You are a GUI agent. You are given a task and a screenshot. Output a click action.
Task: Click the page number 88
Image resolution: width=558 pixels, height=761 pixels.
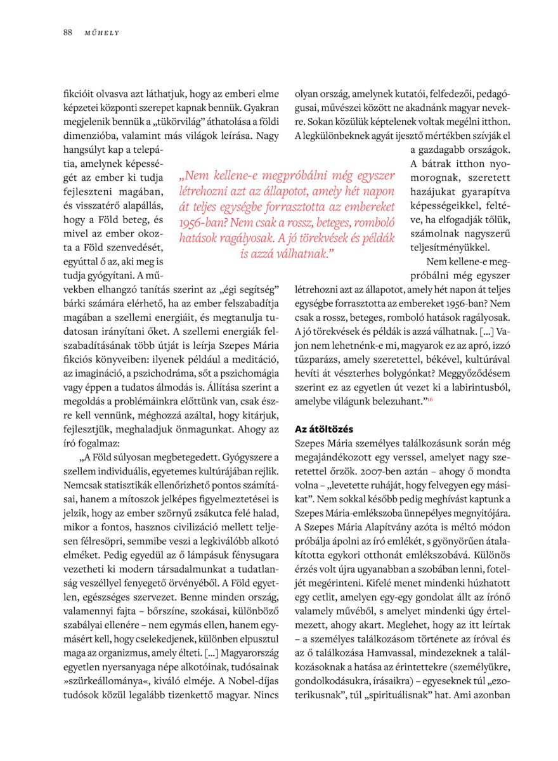(x=67, y=32)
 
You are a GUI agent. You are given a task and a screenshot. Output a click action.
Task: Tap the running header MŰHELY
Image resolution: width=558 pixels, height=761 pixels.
(x=101, y=32)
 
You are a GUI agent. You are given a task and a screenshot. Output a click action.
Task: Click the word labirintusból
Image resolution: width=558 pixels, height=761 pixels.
(x=479, y=387)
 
